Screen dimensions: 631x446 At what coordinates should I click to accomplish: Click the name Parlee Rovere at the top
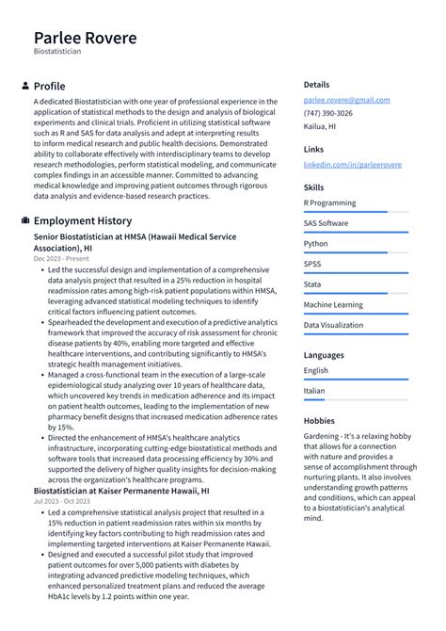pos(85,39)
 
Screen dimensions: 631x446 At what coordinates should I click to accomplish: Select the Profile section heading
pos(49,86)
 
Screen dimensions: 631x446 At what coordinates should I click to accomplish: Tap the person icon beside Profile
pos(24,86)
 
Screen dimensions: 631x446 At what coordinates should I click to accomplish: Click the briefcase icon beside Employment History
pos(24,220)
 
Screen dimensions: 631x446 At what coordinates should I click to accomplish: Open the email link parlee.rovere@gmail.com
pos(346,100)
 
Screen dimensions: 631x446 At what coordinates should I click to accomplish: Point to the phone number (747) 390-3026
pos(328,113)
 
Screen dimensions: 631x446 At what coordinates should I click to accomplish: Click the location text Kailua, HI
pos(322,126)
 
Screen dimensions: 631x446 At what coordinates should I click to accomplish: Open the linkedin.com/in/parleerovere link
pos(352,164)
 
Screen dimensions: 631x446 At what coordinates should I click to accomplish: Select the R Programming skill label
pos(329,202)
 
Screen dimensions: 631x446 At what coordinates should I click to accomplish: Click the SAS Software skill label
pos(326,223)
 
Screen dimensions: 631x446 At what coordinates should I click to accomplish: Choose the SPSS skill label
pos(312,264)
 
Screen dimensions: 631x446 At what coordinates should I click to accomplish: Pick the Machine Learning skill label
pos(334,304)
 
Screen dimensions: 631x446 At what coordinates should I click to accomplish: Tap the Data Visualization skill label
pos(333,325)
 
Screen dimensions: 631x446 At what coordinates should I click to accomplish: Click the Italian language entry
pos(314,391)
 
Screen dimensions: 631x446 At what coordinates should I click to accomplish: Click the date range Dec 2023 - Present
pos(61,258)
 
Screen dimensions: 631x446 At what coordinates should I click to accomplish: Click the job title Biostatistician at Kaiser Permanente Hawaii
pos(121,491)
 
